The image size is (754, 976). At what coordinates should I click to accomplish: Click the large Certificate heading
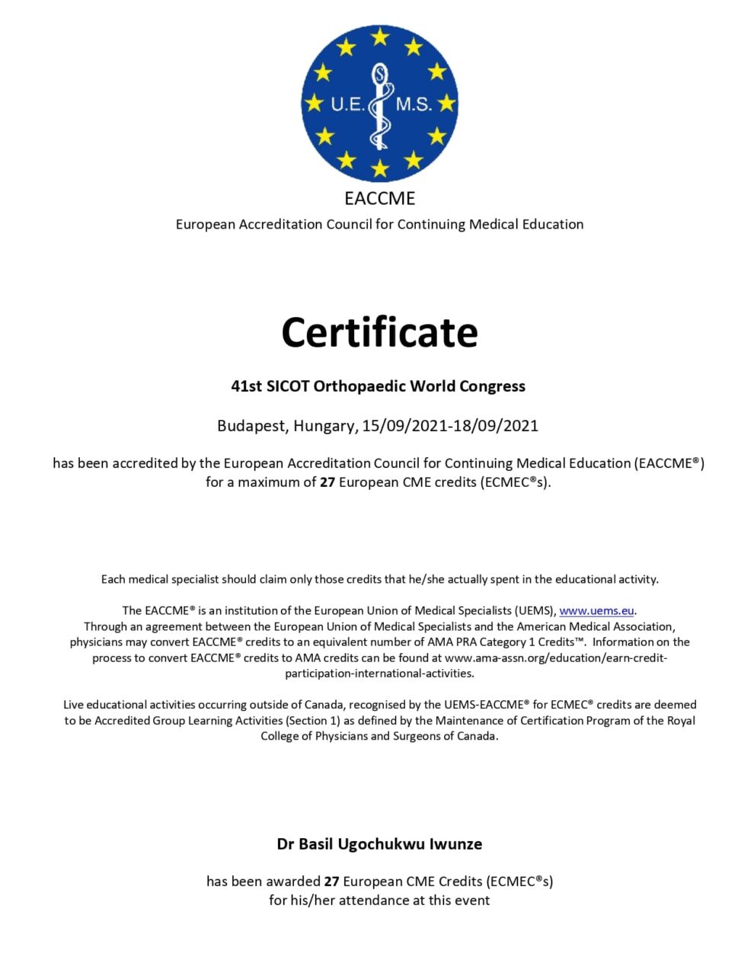pos(379,332)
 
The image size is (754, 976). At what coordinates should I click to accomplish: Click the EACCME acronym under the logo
pos(379,198)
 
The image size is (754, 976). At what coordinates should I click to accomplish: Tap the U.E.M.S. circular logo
pos(379,103)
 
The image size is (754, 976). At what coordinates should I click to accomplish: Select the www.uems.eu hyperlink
pos(596,610)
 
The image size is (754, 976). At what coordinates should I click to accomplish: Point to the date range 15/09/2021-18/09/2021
pos(450,425)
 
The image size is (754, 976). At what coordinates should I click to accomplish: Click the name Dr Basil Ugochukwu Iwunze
pos(379,843)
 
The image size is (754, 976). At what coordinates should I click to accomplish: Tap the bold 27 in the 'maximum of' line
pos(327,482)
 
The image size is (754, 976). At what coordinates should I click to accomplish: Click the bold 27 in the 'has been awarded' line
pos(331,881)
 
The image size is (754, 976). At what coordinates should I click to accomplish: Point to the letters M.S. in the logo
pos(414,104)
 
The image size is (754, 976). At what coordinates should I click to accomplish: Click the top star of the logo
pos(379,36)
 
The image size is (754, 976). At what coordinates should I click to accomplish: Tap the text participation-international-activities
pos(379,674)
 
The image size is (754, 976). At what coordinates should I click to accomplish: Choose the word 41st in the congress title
pos(247,386)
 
